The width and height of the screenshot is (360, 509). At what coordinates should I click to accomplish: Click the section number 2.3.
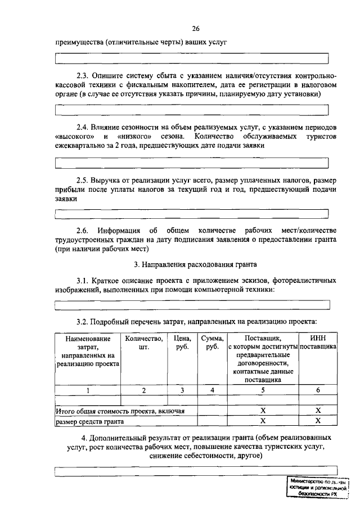(x=83, y=75)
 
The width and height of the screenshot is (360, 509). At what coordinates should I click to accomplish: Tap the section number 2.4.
(x=83, y=127)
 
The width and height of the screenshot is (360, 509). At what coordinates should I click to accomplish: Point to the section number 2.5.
(x=83, y=179)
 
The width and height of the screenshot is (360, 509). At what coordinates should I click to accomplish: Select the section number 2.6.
(x=83, y=231)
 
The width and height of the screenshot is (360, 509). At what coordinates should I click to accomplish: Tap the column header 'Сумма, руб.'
(x=212, y=343)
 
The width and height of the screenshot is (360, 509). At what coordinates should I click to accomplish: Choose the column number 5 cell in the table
(x=262, y=390)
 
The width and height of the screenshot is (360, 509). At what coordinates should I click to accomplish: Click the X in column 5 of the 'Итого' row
(x=262, y=411)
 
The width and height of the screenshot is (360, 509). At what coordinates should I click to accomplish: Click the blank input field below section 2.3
(x=192, y=110)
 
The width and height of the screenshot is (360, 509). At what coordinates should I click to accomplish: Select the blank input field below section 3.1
(x=192, y=305)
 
